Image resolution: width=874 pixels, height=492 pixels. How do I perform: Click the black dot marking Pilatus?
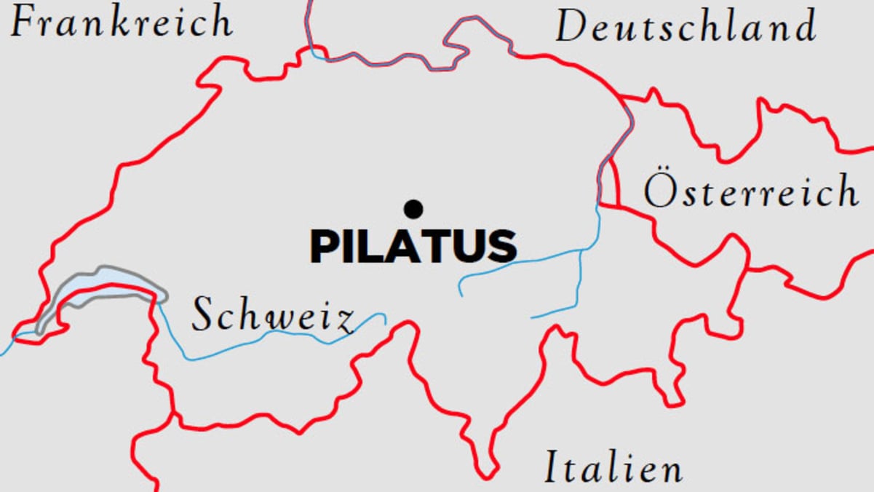413,210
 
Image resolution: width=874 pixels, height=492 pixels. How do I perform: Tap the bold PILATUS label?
413,247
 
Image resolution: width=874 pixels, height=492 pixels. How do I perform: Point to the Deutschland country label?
686,28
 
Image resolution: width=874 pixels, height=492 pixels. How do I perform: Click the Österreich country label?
750,192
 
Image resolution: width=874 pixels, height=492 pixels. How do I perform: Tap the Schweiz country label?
274,317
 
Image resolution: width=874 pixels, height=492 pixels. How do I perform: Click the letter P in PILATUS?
325,247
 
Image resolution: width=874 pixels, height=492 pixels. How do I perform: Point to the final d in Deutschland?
803,28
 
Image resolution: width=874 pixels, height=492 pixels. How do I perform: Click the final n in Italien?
670,469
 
